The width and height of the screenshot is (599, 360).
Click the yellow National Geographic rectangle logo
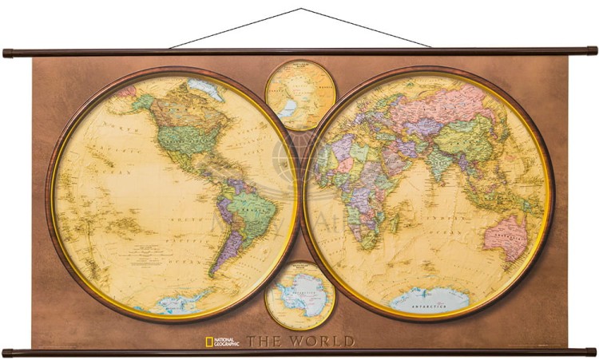click(x=209, y=341)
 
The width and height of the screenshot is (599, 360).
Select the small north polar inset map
click(x=300, y=95)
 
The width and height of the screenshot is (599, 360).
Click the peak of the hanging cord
click(x=301, y=9)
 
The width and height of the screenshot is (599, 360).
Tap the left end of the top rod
click(x=7, y=53)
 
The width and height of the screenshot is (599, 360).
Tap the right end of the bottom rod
click(x=592, y=351)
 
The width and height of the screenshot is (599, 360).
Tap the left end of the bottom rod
click(x=7, y=351)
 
